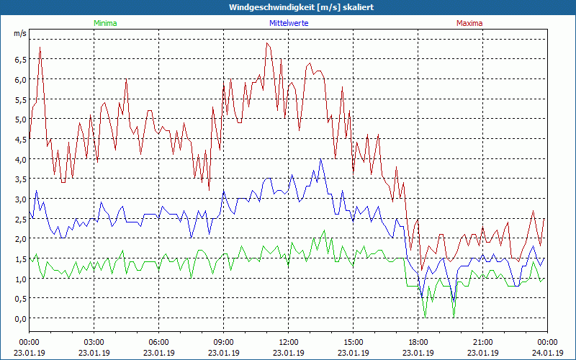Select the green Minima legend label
coord(104,23)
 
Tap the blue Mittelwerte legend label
coord(288,23)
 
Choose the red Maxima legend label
coord(469,23)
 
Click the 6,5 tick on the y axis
coord(20,59)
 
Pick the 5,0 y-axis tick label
coord(20,120)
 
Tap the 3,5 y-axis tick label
coord(20,179)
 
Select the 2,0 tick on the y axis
coord(20,239)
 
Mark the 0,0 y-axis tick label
coord(20,318)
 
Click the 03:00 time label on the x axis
coord(94,342)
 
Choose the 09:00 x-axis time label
coord(223,342)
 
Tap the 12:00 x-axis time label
coord(288,342)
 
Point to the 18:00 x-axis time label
coord(418,342)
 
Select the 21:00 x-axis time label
coord(482,342)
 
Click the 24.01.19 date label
coord(547,353)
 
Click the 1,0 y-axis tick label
coord(20,279)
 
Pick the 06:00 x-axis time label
coord(158,342)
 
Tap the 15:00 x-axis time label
coord(353,342)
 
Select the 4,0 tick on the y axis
coord(20,159)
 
